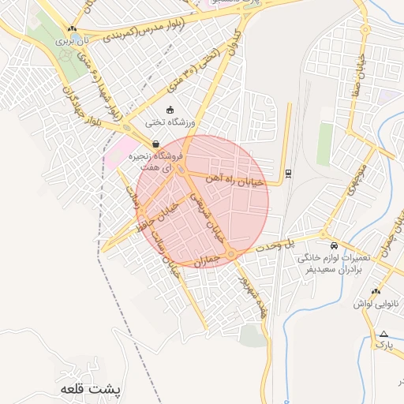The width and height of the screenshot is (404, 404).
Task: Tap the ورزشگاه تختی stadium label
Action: pyautogui.click(x=170, y=123)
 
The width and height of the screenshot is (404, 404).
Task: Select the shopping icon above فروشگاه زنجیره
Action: pyautogui.click(x=155, y=144)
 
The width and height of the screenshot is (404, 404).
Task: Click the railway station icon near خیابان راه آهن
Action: pyautogui.click(x=287, y=174)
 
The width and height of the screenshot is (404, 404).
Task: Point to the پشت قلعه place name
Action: pyautogui.click(x=93, y=390)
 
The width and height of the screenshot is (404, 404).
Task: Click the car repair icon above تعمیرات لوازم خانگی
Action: pyautogui.click(x=335, y=245)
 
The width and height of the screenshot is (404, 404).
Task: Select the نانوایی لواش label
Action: pyautogui.click(x=368, y=303)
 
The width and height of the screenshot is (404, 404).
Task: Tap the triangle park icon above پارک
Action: pyautogui.click(x=383, y=334)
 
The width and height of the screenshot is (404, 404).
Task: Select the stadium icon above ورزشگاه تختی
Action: pyautogui.click(x=170, y=110)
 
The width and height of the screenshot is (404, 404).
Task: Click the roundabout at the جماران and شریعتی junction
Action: pyautogui.click(x=230, y=252)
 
